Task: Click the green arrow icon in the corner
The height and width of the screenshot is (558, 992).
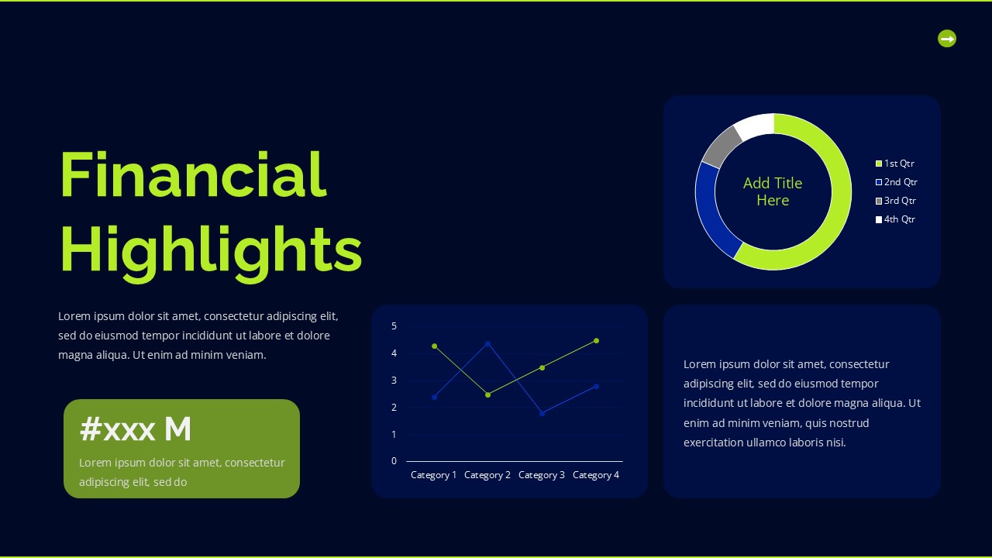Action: [x=947, y=38]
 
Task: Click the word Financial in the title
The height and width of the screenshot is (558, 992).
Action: [x=193, y=175]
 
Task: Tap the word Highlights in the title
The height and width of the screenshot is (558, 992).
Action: [x=211, y=250]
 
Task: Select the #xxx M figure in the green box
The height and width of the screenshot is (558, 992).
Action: [x=136, y=429]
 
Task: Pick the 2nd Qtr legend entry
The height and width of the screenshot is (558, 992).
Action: [x=897, y=182]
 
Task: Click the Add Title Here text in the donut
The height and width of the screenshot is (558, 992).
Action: [x=773, y=191]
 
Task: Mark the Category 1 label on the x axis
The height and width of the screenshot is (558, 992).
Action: [x=433, y=475]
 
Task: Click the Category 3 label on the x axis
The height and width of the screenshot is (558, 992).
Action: [x=541, y=475]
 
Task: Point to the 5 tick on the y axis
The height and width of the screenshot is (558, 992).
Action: [x=394, y=326]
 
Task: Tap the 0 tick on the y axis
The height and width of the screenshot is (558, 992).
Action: [x=394, y=461]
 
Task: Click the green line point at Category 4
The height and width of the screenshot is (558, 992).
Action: [x=596, y=340]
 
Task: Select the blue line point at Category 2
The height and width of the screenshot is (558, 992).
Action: [x=487, y=343]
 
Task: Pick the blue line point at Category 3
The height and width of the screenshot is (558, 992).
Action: [x=542, y=413]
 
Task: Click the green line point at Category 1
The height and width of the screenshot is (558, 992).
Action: [x=434, y=346]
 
